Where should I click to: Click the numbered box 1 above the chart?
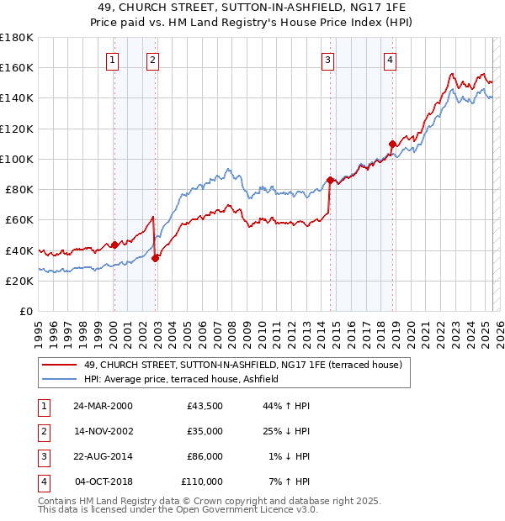[113, 60]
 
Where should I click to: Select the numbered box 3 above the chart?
[327, 60]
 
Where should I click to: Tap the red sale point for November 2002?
[155, 258]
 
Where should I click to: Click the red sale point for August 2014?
[330, 179]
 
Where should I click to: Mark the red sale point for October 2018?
[392, 144]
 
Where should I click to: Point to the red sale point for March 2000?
[114, 245]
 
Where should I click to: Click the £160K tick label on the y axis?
[17, 67]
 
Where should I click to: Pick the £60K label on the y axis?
[19, 219]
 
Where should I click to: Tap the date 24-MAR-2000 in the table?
[103, 406]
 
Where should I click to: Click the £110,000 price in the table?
[202, 482]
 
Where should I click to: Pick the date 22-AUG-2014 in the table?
[103, 456]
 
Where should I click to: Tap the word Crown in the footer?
[193, 501]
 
